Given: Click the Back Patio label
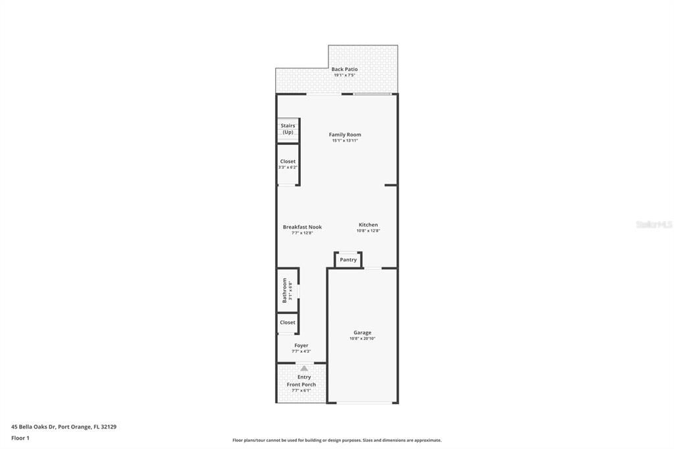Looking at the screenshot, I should (x=344, y=69).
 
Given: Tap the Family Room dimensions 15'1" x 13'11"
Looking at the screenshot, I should (x=345, y=141).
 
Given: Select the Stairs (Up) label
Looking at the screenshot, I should (x=288, y=128).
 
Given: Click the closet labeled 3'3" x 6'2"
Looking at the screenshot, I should (x=288, y=164).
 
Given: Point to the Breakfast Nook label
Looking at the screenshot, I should (x=302, y=227).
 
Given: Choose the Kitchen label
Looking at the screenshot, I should (x=368, y=225).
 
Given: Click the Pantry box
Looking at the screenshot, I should (x=348, y=259).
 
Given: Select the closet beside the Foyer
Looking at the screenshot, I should (x=288, y=323).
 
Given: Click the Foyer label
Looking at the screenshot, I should (x=301, y=346).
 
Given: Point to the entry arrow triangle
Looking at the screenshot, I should (x=303, y=369).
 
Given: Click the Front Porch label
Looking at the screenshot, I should (x=301, y=384).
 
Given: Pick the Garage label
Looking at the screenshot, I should (x=362, y=332).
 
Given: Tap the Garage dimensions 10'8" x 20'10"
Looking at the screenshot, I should (x=362, y=339).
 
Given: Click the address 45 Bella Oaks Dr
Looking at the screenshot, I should (x=64, y=427).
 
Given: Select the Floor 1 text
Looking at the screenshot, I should (x=20, y=438).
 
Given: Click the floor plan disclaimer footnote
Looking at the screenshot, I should (x=336, y=440).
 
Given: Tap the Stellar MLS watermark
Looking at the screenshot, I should (x=654, y=224).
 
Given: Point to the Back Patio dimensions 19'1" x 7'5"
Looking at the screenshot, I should (x=344, y=76).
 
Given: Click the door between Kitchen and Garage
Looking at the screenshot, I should (x=373, y=268).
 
